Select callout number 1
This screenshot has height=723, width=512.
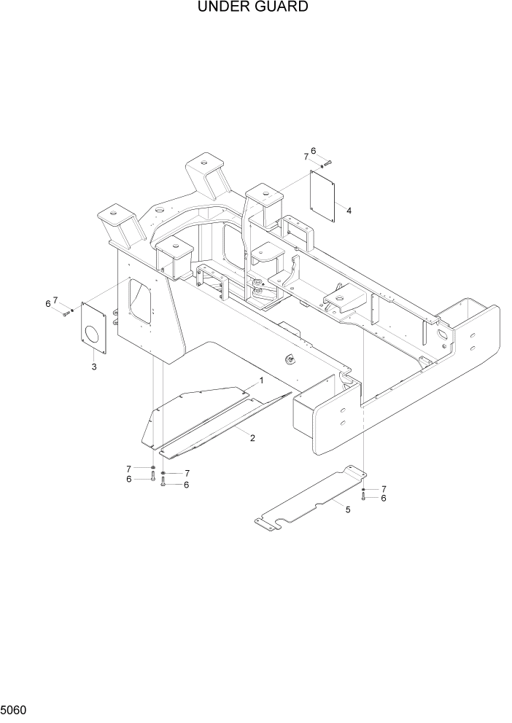(260, 381)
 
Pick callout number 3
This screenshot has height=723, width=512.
(93, 366)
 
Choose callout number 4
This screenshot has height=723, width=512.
(349, 211)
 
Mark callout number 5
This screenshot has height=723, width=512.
(348, 509)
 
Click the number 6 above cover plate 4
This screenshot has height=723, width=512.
(314, 151)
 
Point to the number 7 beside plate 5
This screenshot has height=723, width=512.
(384, 488)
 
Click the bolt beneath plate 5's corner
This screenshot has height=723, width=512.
(363, 498)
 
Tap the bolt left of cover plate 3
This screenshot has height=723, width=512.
(65, 313)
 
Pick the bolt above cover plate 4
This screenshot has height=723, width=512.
(327, 162)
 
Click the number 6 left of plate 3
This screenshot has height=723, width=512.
(48, 304)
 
